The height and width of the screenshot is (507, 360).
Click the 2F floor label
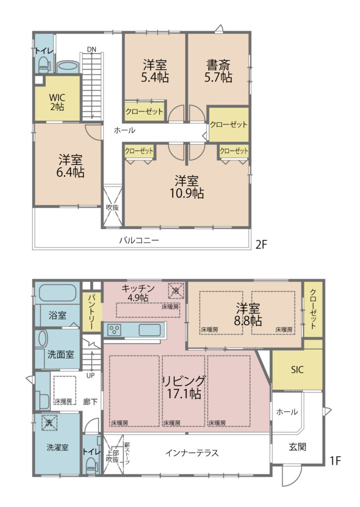point(261,244)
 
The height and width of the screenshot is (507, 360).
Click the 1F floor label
point(335,460)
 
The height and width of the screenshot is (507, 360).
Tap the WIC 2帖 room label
point(57,102)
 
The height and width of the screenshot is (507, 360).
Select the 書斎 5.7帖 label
point(218,71)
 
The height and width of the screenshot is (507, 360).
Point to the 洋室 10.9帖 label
point(187,187)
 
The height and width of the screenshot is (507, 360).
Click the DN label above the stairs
point(92,50)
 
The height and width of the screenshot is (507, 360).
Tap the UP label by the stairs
point(91,375)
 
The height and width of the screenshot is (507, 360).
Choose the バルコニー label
point(139,240)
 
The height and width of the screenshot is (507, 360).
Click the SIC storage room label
point(297,369)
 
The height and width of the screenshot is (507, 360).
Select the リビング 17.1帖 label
point(184,387)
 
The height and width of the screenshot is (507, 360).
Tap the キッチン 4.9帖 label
point(138,293)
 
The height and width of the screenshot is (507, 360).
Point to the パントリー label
point(92,311)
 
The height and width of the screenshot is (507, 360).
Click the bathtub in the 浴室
point(57,293)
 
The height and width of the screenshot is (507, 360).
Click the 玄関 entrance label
point(297,447)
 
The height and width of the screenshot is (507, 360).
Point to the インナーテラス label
point(192,453)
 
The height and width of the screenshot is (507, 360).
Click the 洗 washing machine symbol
point(50,423)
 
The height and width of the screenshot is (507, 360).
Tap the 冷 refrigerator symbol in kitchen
point(176,291)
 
